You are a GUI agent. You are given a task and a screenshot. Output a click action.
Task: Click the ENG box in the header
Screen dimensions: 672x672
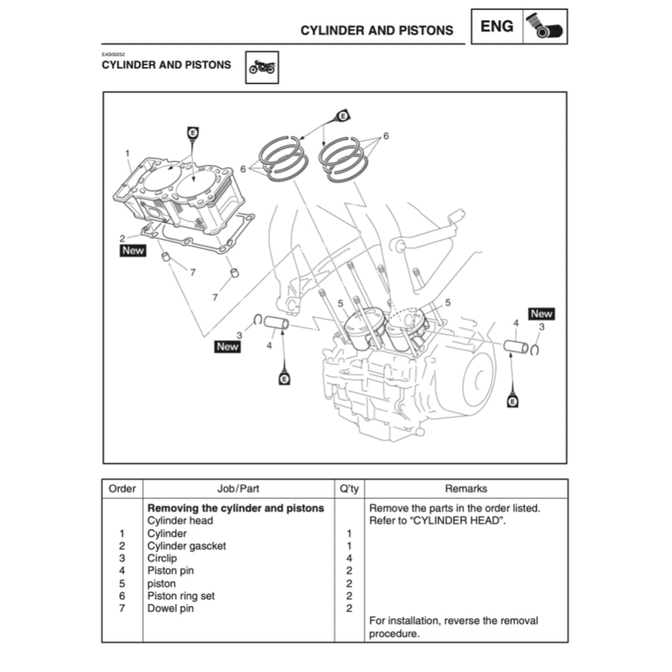tap(497, 26)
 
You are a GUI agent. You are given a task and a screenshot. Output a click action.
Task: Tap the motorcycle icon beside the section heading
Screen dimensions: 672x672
tap(262, 68)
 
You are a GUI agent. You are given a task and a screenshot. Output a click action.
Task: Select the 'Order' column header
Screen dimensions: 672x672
tap(122, 488)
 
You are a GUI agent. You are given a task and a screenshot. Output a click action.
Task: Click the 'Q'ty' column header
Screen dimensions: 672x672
tap(349, 488)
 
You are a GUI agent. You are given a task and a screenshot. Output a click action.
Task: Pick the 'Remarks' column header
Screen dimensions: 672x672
tap(466, 488)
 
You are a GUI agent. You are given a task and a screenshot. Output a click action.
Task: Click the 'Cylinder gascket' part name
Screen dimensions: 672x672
tap(186, 546)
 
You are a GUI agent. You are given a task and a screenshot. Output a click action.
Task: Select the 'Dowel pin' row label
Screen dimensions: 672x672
tap(171, 608)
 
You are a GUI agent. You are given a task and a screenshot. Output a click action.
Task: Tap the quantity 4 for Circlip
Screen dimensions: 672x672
tap(349, 558)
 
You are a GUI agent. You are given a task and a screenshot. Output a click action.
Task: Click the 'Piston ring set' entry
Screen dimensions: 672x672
tap(181, 596)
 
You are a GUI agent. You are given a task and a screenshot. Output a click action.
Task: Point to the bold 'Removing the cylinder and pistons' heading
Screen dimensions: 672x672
tap(236, 508)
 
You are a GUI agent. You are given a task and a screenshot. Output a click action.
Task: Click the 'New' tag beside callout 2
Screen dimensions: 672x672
tap(133, 251)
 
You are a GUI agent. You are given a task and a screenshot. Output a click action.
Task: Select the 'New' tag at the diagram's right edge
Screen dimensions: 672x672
tap(541, 314)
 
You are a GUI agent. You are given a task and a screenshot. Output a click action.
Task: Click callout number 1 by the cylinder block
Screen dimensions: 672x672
tap(127, 153)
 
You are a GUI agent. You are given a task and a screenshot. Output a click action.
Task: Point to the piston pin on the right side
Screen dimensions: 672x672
tap(516, 345)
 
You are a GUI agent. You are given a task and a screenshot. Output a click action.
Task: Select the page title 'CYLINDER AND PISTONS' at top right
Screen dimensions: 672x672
tap(377, 30)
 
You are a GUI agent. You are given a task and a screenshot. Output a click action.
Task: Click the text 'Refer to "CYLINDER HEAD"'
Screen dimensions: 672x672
tap(438, 521)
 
